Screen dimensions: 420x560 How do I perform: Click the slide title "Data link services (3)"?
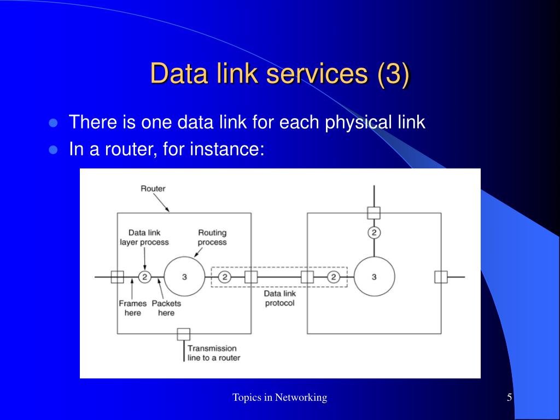point(279,74)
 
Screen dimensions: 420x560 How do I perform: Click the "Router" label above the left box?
point(153,189)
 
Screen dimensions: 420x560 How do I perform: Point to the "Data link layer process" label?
point(144,237)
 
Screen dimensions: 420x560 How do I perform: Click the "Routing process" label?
point(212,237)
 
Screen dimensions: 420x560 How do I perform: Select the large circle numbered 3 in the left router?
point(184,277)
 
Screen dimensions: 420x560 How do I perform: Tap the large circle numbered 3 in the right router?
point(374,277)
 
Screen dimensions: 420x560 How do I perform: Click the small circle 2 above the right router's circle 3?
point(374,233)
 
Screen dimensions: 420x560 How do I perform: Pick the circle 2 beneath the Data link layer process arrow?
point(144,277)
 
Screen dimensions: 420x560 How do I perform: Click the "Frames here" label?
point(132,308)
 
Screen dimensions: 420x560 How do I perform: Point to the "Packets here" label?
point(166,308)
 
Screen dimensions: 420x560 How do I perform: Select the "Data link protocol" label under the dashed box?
point(279,298)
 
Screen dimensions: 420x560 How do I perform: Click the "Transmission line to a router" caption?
point(213,353)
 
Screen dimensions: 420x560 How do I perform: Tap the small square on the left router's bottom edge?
point(184,334)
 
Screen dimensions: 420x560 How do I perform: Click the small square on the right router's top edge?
point(374,213)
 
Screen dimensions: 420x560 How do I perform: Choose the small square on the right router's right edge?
point(441,277)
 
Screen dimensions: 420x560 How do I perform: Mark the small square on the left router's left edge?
point(117,277)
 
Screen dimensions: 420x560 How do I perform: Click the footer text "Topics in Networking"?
point(279,398)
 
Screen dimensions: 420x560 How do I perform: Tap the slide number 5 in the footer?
point(509,398)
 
